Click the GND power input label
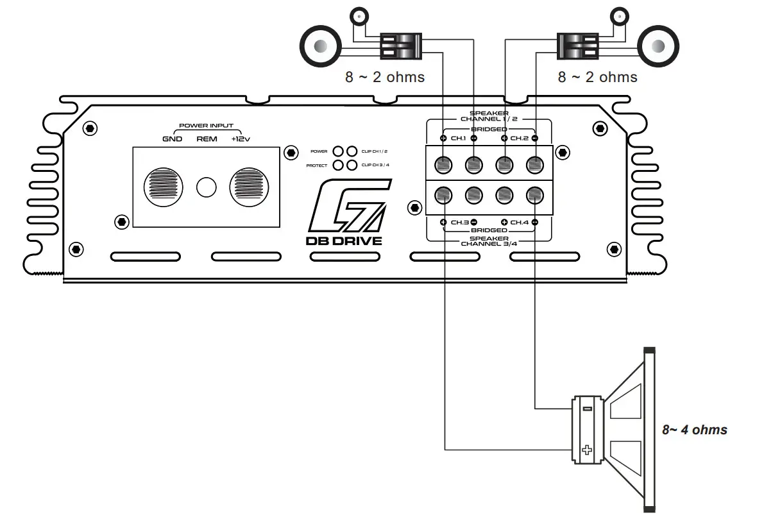point(172,139)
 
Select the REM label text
point(207,139)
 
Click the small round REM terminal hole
point(207,187)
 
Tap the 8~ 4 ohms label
point(695,430)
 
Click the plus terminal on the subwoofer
point(586,450)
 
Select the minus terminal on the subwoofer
point(587,409)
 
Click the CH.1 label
point(459,138)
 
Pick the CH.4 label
point(520,222)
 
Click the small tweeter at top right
point(619,16)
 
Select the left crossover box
point(400,46)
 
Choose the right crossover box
point(577,46)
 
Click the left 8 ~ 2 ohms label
point(385,77)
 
